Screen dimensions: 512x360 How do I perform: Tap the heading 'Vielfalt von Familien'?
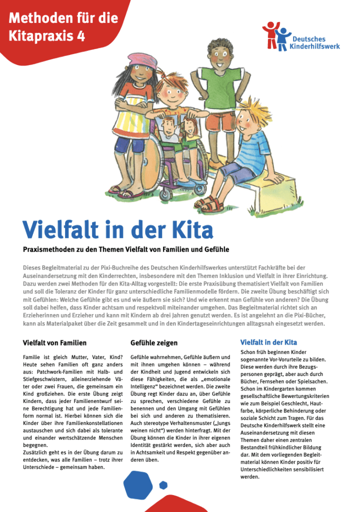coord(54,343)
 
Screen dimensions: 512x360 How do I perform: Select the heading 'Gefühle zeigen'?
coord(153,343)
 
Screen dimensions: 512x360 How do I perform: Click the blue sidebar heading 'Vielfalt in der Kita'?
coord(268,342)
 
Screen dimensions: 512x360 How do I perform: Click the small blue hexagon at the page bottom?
coord(163,484)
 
